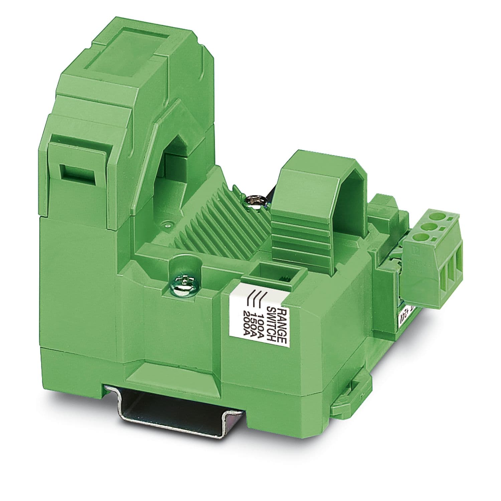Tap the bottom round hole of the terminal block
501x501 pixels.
tap(422, 239)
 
